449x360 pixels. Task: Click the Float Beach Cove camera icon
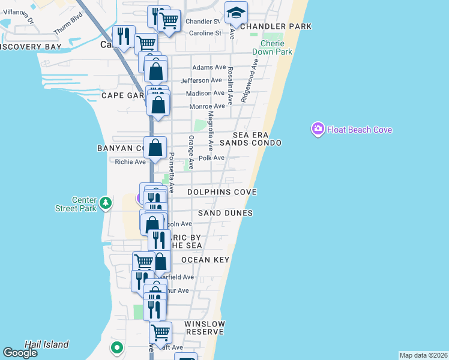pos(318,129)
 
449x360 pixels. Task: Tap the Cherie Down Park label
pos(276,47)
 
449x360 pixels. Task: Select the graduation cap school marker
pos(236,13)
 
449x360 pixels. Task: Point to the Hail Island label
pos(46,344)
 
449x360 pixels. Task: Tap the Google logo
pos(20,353)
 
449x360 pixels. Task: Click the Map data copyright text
pos(423,355)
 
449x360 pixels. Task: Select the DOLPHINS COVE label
pos(221,192)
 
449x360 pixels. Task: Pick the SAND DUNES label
pos(225,213)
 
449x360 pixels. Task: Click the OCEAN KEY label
pos(205,260)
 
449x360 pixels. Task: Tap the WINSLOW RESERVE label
pos(205,328)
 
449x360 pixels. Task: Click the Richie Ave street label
pos(130,162)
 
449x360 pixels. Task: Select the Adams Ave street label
pos(208,68)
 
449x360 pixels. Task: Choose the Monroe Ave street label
pos(207,106)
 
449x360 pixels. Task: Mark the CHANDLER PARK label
pos(276,26)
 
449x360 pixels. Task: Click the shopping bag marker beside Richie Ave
pos(155,148)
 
